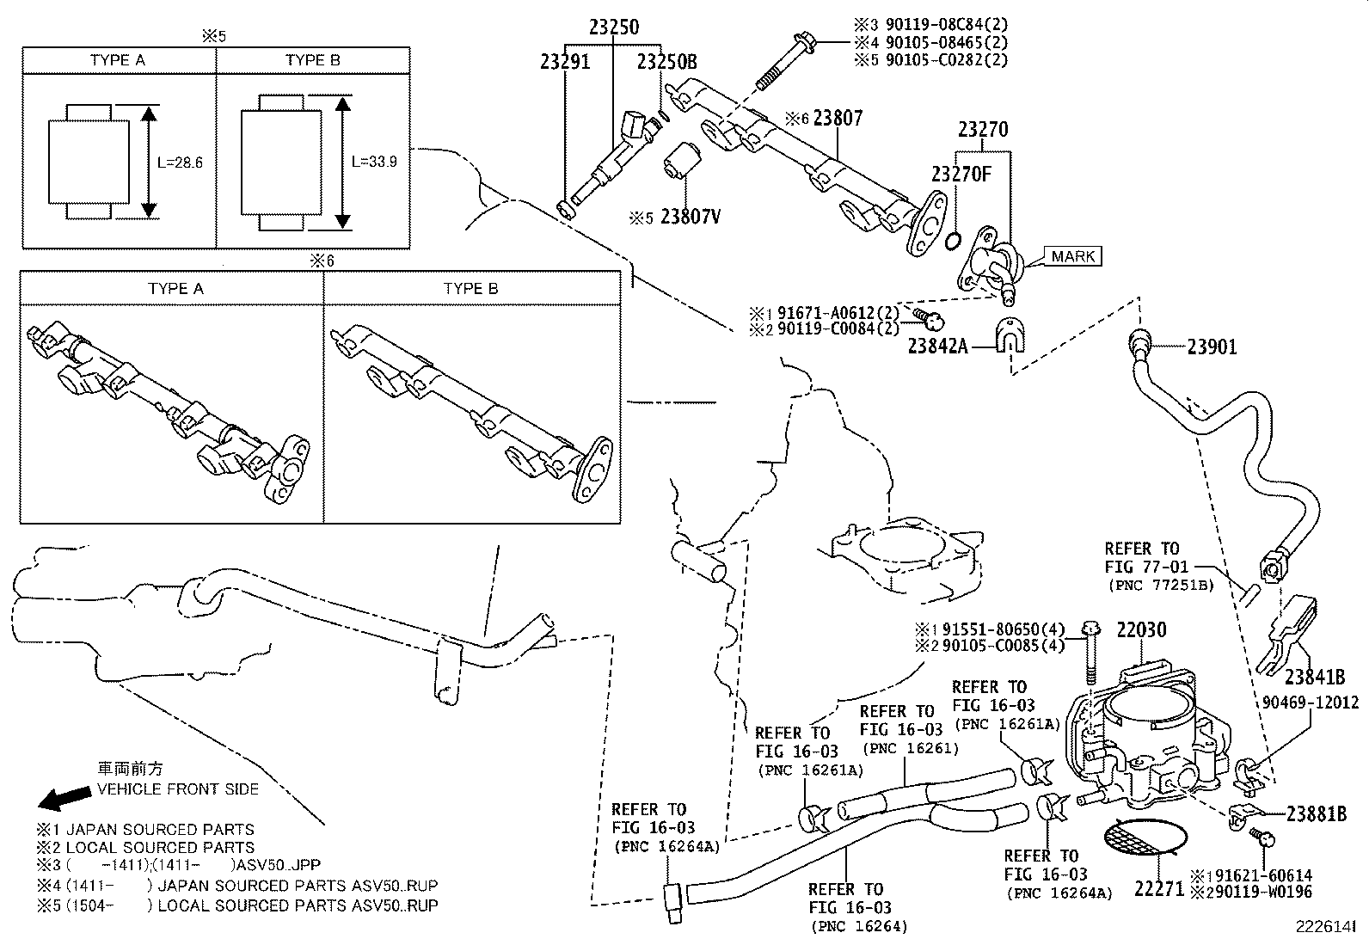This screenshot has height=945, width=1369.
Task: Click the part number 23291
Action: (565, 62)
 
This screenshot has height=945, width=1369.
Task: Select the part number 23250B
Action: (666, 62)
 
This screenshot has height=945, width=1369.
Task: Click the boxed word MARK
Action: (1073, 256)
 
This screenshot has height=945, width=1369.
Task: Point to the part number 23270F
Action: (961, 175)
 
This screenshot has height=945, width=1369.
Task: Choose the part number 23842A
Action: (938, 347)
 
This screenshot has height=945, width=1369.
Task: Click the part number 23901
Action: (1212, 347)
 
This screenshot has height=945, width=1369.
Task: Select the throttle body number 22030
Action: (1141, 630)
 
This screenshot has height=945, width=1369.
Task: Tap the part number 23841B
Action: (1314, 676)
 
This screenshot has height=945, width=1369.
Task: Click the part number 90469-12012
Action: (1311, 703)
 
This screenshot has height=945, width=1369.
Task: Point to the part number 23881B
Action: (1316, 813)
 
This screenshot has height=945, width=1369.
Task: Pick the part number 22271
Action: (1159, 889)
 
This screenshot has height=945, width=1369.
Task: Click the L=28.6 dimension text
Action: (180, 162)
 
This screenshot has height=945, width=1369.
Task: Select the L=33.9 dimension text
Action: (374, 162)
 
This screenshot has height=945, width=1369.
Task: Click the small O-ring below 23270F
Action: (952, 241)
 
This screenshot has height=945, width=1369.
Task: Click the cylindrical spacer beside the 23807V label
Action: (683, 162)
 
